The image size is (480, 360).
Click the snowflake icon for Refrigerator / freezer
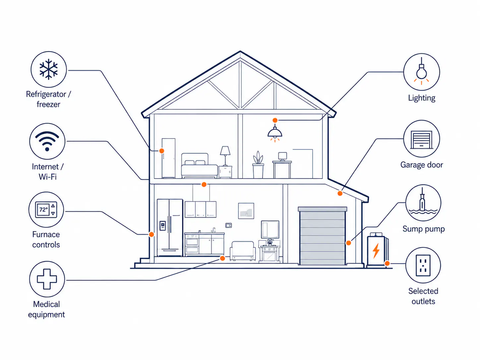[48, 69]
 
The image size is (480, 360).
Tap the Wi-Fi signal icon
[47, 141]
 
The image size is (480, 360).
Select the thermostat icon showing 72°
[46, 210]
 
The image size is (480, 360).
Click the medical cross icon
[47, 279]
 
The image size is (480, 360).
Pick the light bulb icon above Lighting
[421, 71]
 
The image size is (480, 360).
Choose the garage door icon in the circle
[421, 140]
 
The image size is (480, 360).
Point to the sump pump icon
[423, 202]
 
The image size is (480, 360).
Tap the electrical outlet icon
[423, 265]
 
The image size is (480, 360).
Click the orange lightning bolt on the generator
[376, 251]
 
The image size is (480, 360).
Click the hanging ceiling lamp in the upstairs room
[275, 133]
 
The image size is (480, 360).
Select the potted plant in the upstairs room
[258, 165]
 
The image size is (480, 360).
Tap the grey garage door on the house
[322, 236]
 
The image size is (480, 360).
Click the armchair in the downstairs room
[243, 251]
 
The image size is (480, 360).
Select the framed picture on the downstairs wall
[246, 211]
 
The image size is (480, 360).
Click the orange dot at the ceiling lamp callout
[275, 120]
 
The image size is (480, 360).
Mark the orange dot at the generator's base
[387, 264]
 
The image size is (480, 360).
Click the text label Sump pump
[424, 229]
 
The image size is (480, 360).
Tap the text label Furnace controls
[46, 239]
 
